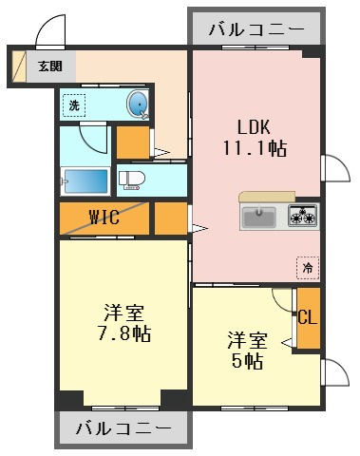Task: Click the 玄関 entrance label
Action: click(x=50, y=66)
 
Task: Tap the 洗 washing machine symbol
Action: click(x=74, y=105)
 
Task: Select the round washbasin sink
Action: click(x=138, y=104)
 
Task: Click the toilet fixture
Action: click(x=131, y=180)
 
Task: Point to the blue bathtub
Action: click(x=85, y=180)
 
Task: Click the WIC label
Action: click(x=104, y=217)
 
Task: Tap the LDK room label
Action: click(x=254, y=127)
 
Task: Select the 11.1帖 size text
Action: click(x=256, y=148)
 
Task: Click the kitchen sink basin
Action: click(x=259, y=217)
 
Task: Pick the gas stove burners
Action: click(x=302, y=216)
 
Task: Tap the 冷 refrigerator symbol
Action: click(x=308, y=268)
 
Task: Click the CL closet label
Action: click(x=308, y=316)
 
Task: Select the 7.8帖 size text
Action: click(x=123, y=333)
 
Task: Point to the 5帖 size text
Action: click(x=247, y=361)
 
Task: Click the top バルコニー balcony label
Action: click(x=256, y=29)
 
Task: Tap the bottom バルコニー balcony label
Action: click(x=123, y=428)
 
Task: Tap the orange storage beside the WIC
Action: click(x=171, y=218)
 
